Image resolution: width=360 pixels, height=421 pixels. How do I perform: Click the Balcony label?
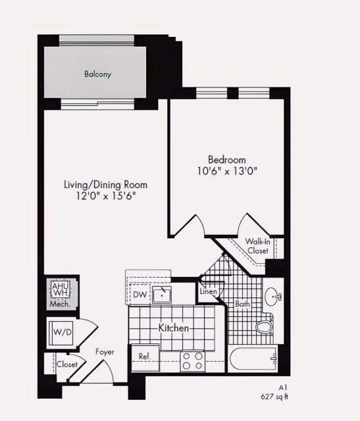97,74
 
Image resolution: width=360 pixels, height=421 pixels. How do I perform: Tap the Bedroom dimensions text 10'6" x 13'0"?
226,171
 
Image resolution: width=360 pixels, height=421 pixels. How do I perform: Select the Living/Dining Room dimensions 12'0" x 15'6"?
105,196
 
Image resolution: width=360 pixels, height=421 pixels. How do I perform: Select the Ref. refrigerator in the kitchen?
145,356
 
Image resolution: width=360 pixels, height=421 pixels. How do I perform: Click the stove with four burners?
193,361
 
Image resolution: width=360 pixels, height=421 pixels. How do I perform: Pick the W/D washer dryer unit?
63,332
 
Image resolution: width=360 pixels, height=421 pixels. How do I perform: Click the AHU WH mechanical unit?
61,290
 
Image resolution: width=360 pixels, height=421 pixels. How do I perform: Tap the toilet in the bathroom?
265,325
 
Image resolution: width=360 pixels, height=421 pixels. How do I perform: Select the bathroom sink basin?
272,297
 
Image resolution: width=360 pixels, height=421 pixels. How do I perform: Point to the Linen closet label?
209,291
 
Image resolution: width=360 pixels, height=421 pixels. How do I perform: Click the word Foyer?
105,352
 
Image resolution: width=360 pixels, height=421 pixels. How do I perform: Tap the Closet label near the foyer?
66,364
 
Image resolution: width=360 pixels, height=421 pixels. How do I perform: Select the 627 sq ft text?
275,397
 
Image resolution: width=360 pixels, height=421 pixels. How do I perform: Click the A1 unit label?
284,388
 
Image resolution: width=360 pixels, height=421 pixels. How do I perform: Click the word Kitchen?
174,328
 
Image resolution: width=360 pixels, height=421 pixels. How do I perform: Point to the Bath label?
243,304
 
